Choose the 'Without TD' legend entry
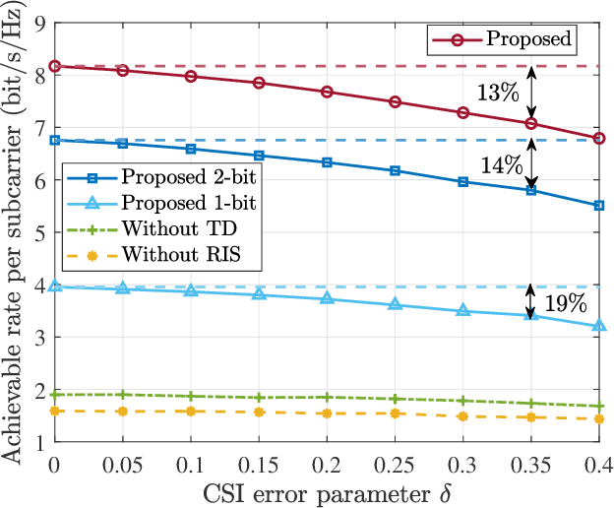tap(167, 228)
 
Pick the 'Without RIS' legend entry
tap(171, 254)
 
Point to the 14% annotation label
tap(502, 165)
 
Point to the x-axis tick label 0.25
tap(395, 464)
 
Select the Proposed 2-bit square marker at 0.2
tap(327, 161)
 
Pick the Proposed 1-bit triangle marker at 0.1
tap(190, 290)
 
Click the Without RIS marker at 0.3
tap(462, 416)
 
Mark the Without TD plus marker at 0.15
tap(259, 398)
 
